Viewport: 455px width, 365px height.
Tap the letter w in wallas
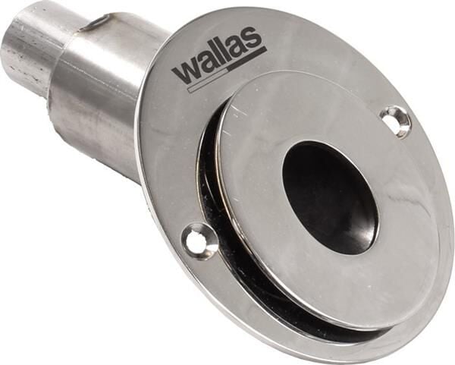click(184, 72)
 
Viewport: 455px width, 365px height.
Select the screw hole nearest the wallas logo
click(396, 119)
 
